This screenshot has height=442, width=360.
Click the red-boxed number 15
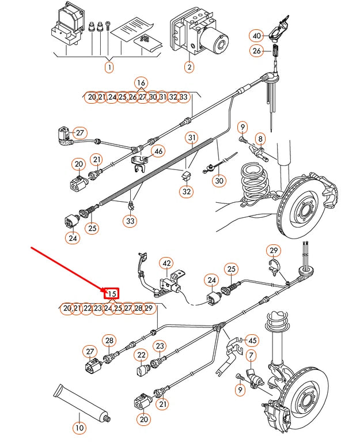(112, 294)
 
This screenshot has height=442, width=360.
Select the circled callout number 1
(109, 67)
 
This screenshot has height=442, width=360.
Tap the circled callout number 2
(189, 67)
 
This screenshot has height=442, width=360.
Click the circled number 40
(256, 36)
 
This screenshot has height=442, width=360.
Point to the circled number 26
(256, 51)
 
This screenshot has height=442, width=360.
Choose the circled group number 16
(141, 83)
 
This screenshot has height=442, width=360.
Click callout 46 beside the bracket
(158, 152)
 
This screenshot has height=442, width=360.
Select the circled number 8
(260, 139)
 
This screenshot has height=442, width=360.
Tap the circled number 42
(167, 264)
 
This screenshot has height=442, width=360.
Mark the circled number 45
(252, 340)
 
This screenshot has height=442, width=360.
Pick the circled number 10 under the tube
(79, 428)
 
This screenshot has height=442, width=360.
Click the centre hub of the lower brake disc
(304, 398)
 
